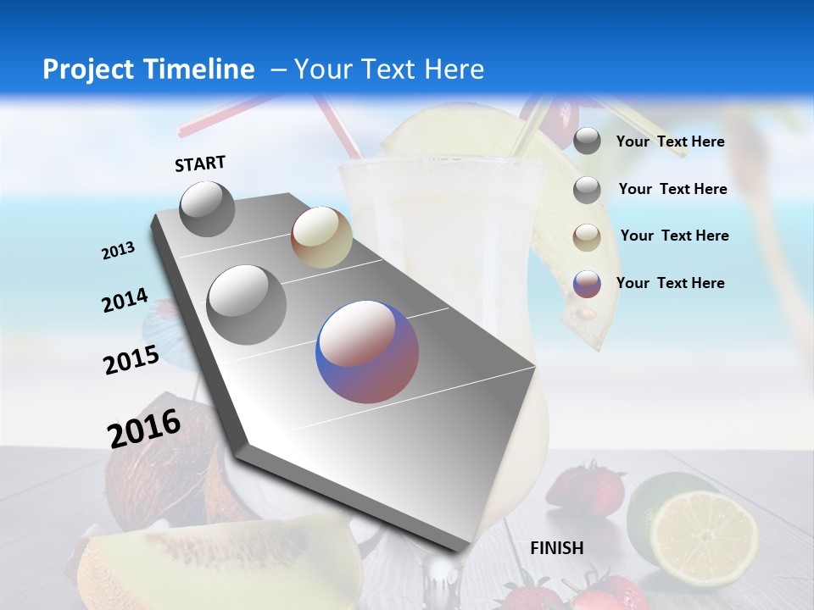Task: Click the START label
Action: point(200,164)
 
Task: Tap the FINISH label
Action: point(557,548)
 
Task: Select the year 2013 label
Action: point(119,251)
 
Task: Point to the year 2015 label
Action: point(131,360)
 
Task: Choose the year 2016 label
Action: point(144,428)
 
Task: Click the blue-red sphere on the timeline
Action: point(367,352)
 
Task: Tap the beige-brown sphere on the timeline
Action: point(321,237)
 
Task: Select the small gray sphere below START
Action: point(207,208)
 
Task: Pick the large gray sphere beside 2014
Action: point(247,304)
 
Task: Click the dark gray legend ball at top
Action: point(587,141)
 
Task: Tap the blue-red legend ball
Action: point(587,284)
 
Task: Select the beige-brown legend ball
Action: point(587,236)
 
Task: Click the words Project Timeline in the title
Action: point(148,69)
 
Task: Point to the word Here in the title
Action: point(455,69)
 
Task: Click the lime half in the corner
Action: point(703,530)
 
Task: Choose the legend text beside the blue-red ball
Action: point(671,283)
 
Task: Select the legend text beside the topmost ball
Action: point(671,141)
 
